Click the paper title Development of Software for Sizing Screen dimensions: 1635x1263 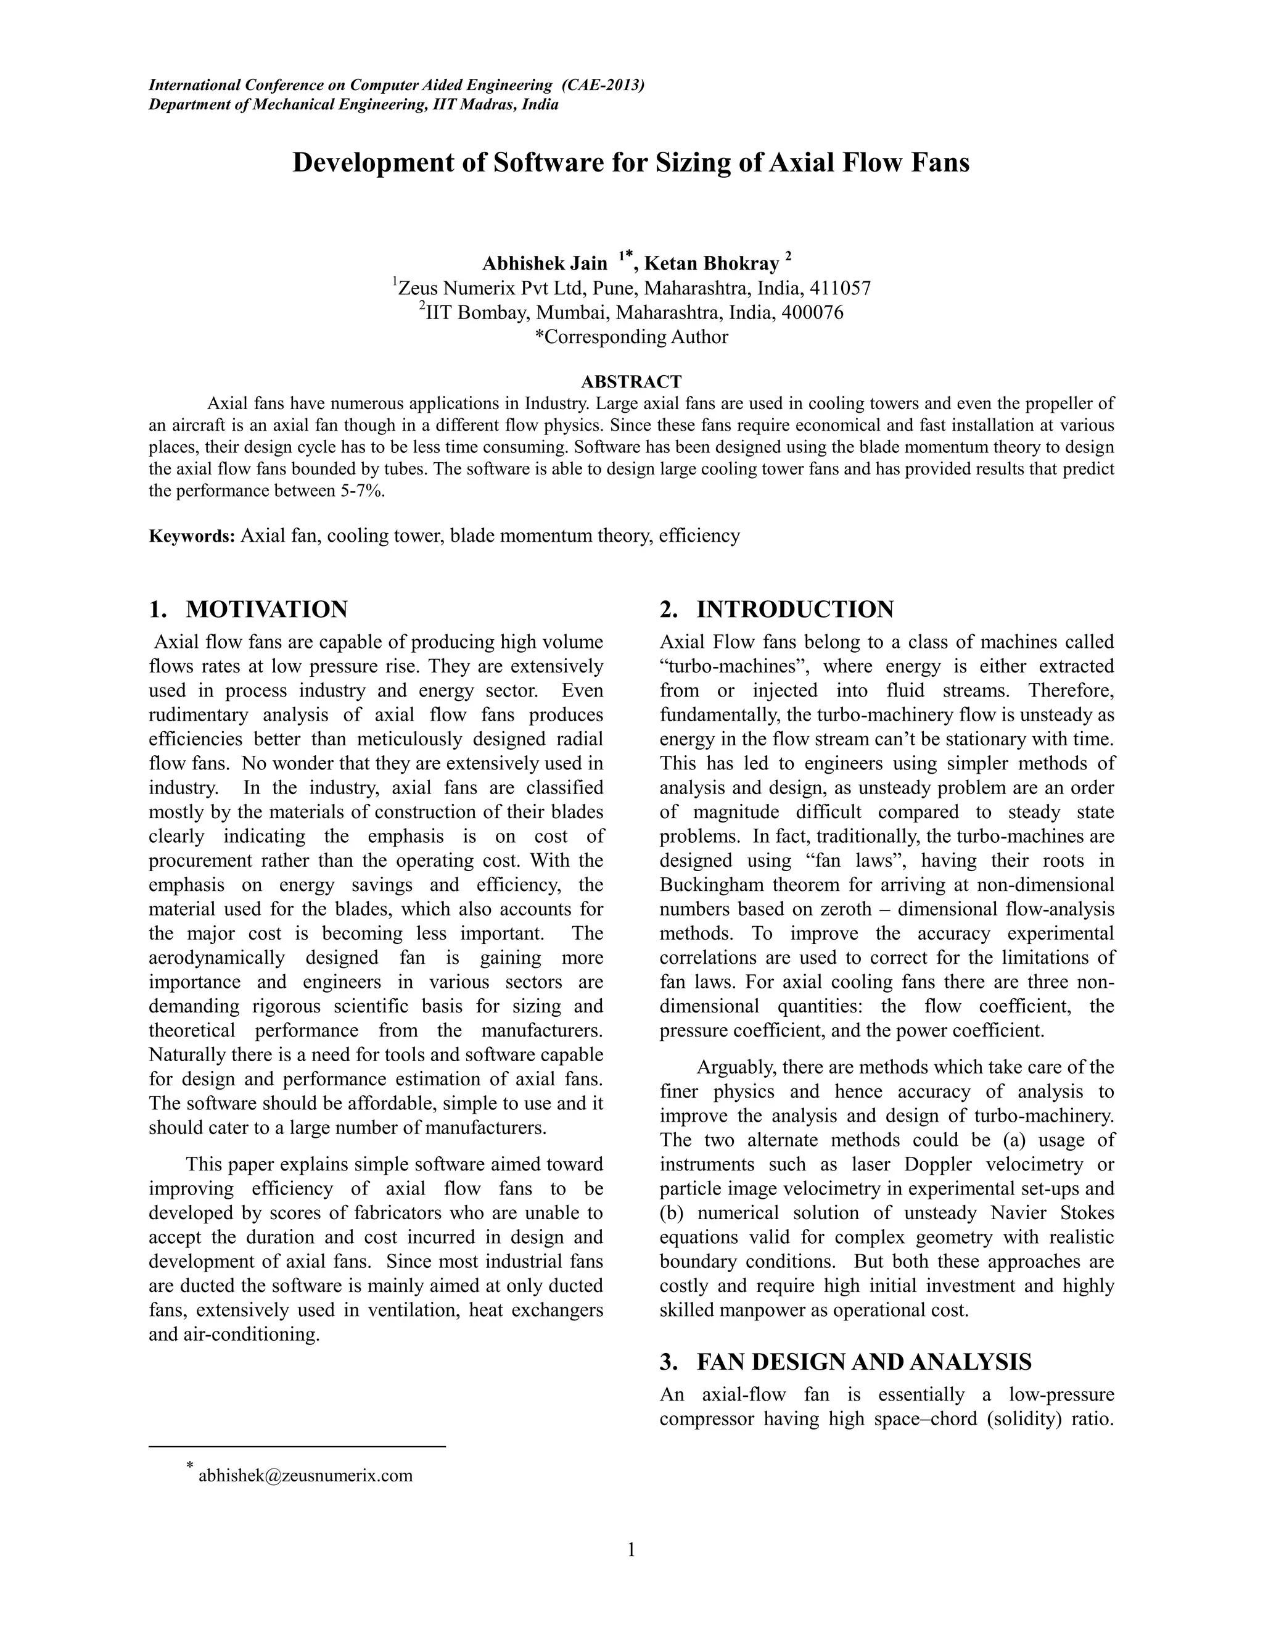point(631,162)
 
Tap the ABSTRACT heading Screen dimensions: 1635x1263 point(631,382)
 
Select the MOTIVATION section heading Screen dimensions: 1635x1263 point(266,610)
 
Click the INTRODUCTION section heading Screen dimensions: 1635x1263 point(794,610)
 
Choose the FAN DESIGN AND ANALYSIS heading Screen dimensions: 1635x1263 point(863,1362)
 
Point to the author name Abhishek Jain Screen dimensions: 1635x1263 point(544,263)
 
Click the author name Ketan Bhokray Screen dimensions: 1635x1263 point(712,263)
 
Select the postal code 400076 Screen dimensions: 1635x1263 point(812,312)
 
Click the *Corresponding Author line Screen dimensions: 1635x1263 point(631,337)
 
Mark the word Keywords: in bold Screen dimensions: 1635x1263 point(192,536)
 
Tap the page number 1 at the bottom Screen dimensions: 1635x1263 point(631,1550)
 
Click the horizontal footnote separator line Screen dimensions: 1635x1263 point(297,1446)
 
